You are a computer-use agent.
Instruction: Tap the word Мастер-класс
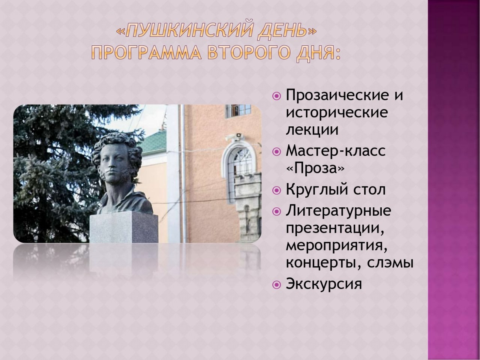pos(336,151)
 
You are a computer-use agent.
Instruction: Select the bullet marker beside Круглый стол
pos(277,190)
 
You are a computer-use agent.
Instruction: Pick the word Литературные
pos(339,211)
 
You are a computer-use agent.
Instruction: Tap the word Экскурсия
pos(324,284)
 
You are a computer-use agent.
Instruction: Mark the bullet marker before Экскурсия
pos(277,285)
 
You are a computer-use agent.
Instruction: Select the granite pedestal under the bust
pos(124,227)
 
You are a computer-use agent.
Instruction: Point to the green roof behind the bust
pos(154,142)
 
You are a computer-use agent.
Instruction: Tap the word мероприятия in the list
pos(335,246)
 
